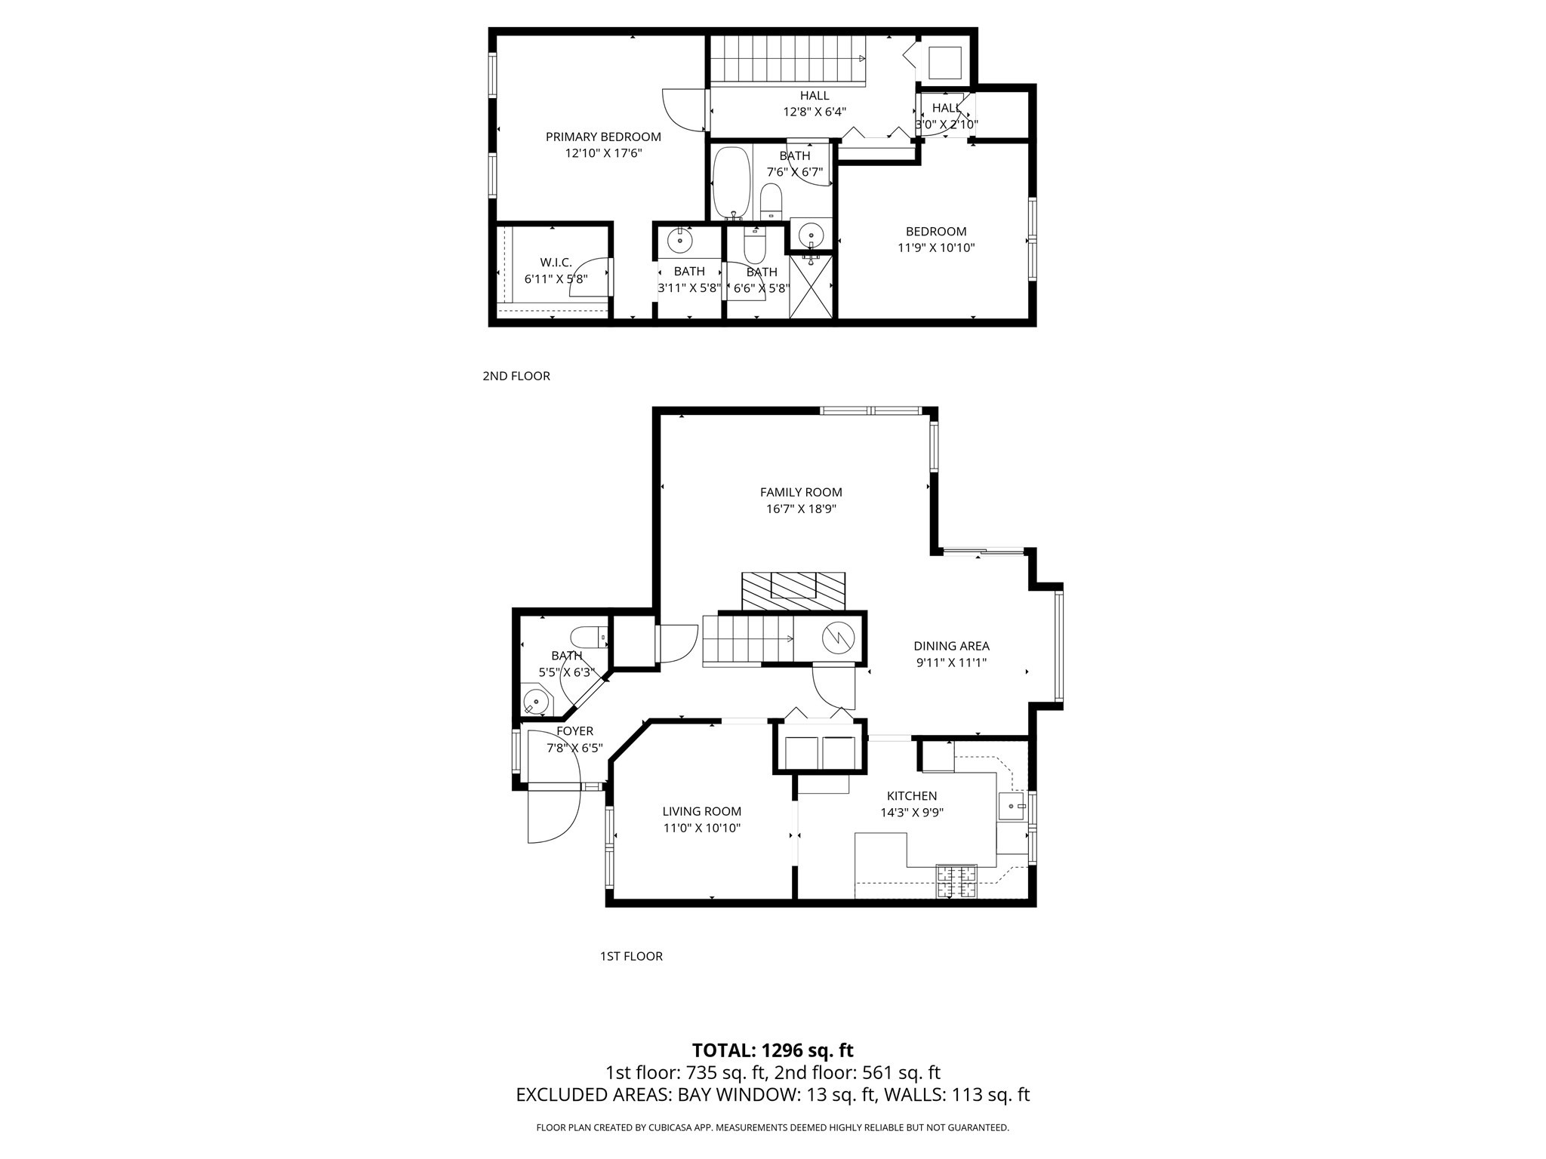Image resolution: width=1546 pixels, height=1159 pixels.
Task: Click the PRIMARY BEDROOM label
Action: tap(603, 137)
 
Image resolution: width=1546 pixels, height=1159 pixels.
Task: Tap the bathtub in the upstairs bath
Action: tap(731, 182)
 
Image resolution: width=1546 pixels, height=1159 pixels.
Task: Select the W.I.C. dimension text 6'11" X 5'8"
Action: tap(556, 278)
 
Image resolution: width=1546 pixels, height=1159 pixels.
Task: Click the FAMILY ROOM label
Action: tap(801, 492)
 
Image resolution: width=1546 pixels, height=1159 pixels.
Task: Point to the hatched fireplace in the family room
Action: tap(793, 591)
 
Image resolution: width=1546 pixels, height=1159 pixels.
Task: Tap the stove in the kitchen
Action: tap(956, 881)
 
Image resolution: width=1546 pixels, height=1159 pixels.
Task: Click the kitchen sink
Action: tap(1012, 806)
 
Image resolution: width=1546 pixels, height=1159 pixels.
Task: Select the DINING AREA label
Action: tap(951, 646)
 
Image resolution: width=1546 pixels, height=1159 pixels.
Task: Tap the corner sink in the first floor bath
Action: tap(537, 701)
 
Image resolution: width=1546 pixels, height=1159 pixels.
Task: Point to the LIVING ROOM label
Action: tap(701, 811)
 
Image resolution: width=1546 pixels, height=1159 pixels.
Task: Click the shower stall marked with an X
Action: tap(810, 287)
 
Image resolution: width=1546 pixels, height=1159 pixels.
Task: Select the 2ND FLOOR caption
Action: tap(516, 376)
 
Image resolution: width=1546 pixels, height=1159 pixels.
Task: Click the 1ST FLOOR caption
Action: tap(631, 956)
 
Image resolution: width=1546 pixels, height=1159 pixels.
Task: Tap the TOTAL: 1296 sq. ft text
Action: tap(772, 1050)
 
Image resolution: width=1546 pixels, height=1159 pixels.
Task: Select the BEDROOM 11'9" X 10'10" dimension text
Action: tap(936, 247)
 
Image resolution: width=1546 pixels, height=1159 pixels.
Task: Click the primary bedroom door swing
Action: tap(684, 110)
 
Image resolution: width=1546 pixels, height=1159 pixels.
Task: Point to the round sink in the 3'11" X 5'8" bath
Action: tap(679, 241)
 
